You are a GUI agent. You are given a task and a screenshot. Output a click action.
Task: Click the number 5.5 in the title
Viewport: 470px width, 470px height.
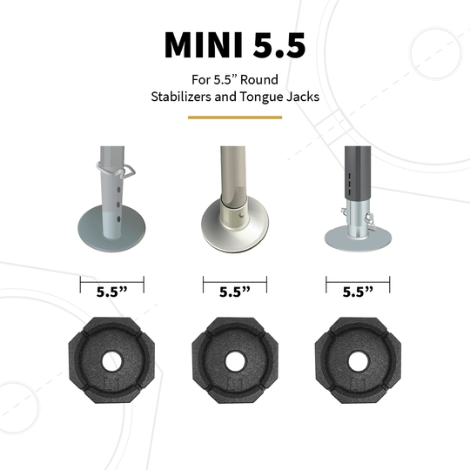pos(274,45)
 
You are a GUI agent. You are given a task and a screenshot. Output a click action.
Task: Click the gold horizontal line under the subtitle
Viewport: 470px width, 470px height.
pos(235,118)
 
